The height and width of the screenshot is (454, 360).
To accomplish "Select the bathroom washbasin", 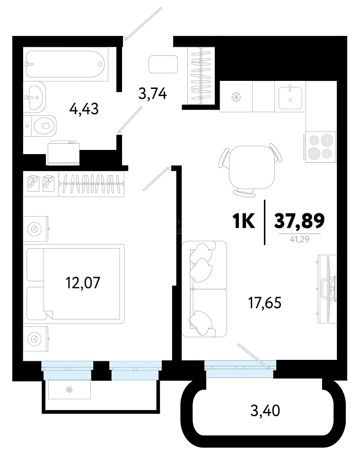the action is click(35, 96).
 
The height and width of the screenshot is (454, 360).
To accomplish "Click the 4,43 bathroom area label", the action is click(84, 109).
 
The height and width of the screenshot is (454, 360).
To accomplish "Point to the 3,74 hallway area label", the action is click(153, 94).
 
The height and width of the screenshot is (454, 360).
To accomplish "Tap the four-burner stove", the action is click(321, 147).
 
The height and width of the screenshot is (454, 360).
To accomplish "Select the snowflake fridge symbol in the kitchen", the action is click(236, 96).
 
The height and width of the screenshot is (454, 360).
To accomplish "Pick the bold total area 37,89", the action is click(299, 221).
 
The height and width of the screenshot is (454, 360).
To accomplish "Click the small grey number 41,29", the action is click(299, 239).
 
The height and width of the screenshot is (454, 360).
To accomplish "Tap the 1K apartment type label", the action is click(244, 221).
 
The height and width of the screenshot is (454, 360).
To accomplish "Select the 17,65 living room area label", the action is click(265, 303).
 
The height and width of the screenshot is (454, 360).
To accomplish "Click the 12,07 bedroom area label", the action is click(83, 283).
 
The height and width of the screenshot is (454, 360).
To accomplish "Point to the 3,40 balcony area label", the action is click(265, 410).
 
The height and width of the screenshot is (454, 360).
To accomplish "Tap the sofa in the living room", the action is click(204, 288).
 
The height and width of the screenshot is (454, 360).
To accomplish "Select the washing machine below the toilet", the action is click(63, 153).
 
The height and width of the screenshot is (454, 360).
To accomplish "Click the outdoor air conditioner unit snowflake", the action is click(70, 389).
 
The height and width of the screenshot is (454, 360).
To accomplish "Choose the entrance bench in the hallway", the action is click(163, 64).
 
